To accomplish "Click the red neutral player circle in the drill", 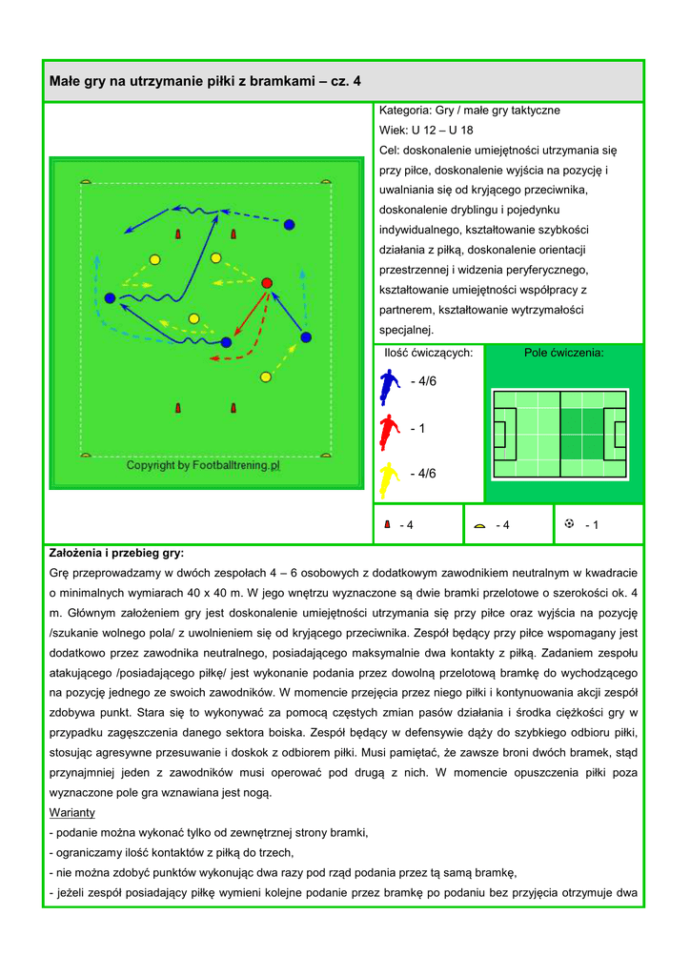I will click(267, 282).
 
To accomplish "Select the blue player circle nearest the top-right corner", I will click(289, 224).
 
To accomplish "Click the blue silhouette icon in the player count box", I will click(389, 385).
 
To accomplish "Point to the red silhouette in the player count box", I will click(388, 432).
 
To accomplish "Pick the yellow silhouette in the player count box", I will click(388, 478).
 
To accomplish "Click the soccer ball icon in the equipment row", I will click(570, 523).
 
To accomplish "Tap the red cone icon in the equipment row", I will click(388, 524).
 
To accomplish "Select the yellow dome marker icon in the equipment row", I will click(479, 525).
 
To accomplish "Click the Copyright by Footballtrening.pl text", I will click(204, 466).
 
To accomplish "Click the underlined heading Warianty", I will click(71, 813).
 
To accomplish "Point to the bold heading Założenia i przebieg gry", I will click(116, 553).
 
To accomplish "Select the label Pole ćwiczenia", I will click(564, 353).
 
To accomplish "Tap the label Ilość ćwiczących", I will click(428, 353).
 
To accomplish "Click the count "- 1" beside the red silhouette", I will click(417, 429).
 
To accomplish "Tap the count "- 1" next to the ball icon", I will click(591, 525).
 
